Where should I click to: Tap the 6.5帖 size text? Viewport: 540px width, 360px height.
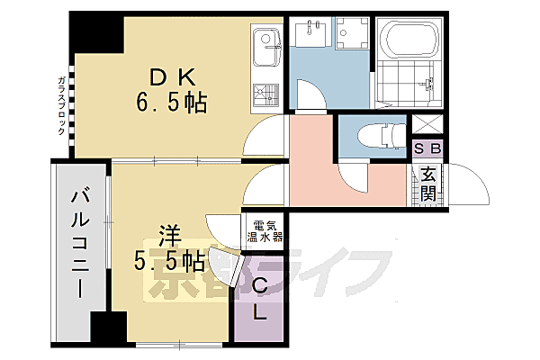pyautogui.click(x=172, y=104)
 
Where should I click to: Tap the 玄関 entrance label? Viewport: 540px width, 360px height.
pyautogui.click(x=427, y=184)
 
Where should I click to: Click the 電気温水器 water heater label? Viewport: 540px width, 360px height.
pyautogui.click(x=266, y=231)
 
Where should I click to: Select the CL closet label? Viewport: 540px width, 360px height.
pyautogui.click(x=258, y=300)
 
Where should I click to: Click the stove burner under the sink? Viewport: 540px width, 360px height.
pyautogui.click(x=266, y=93)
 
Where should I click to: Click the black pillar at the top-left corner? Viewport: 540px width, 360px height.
pyautogui.click(x=97, y=33)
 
